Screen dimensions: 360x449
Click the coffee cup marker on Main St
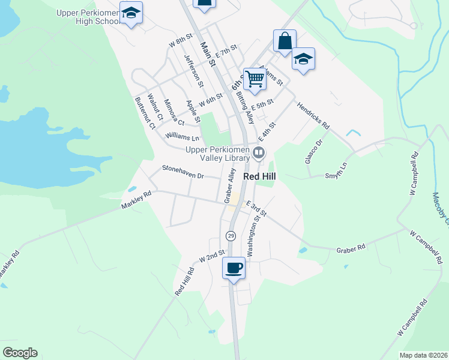pyautogui.click(x=234, y=268)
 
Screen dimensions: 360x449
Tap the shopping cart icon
pyautogui.click(x=255, y=78)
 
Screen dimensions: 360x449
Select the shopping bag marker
pyautogui.click(x=285, y=41)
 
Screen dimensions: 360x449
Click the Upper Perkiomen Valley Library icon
pyautogui.click(x=259, y=153)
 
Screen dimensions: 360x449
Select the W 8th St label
pyautogui.click(x=180, y=40)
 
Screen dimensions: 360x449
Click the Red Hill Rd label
pyautogui.click(x=185, y=281)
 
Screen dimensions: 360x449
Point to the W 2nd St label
pyautogui.click(x=211, y=256)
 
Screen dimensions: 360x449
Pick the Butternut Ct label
pyautogui.click(x=145, y=113)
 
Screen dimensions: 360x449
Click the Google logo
pyautogui.click(x=20, y=353)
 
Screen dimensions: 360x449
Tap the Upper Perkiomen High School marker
pyautogui.click(x=130, y=11)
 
